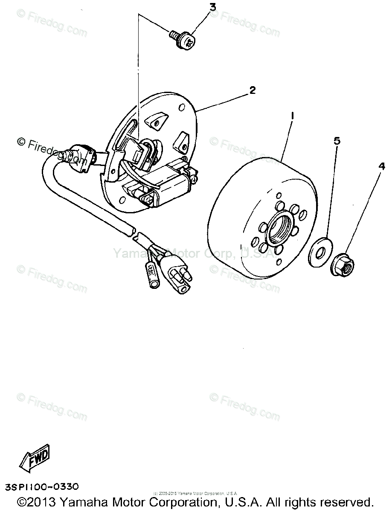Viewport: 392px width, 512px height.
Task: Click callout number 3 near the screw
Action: [212, 7]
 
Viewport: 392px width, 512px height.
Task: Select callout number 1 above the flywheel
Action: [292, 116]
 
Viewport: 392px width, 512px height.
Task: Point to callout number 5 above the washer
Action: [337, 141]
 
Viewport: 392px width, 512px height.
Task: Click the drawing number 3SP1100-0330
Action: [42, 486]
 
